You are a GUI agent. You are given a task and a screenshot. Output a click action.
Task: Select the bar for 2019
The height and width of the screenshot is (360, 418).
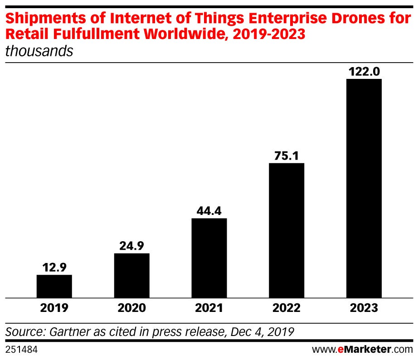coord(54,287)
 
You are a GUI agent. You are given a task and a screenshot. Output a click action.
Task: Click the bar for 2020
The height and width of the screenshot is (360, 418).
coord(131,276)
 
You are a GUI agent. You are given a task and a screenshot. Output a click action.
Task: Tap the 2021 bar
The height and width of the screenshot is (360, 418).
coord(209,258)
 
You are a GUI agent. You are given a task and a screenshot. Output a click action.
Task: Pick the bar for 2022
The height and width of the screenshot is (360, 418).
coord(287,230)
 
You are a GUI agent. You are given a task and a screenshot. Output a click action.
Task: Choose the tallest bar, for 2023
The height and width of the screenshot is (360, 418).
coord(364,188)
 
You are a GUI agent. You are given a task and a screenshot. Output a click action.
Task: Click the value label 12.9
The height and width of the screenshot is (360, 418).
coord(54,268)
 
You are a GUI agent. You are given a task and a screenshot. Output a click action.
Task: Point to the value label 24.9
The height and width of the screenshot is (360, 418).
coord(131,246)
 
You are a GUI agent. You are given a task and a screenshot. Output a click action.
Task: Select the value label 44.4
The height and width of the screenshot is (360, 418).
coord(209,211)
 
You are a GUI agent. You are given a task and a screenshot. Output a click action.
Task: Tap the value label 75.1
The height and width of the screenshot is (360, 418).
coord(287,156)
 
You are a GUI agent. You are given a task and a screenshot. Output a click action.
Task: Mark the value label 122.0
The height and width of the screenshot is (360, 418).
coord(364,72)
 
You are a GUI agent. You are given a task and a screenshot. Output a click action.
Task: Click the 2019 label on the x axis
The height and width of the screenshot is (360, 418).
coord(54,308)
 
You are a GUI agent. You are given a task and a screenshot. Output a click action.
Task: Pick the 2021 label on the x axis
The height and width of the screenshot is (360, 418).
coord(209,308)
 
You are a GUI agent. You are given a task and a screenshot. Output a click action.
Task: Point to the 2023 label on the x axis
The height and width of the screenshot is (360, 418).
coord(364,308)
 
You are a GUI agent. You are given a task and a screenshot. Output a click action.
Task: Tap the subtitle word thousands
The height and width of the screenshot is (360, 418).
coord(39,51)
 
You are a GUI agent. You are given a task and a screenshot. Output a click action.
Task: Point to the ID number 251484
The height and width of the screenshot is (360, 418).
coord(21,350)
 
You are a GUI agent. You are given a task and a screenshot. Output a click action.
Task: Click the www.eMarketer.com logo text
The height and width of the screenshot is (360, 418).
coord(362,350)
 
